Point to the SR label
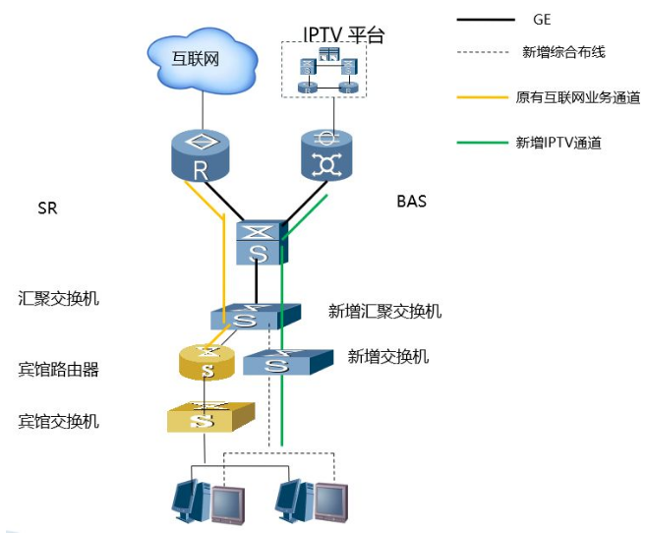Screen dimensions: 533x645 47,208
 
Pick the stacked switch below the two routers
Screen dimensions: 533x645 261,242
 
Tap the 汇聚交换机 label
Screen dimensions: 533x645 59,297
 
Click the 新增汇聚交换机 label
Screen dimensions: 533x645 384,312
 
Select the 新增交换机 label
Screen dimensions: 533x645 388,356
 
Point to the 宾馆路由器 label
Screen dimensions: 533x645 59,370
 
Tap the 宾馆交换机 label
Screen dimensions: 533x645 59,421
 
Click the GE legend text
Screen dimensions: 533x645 542,19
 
